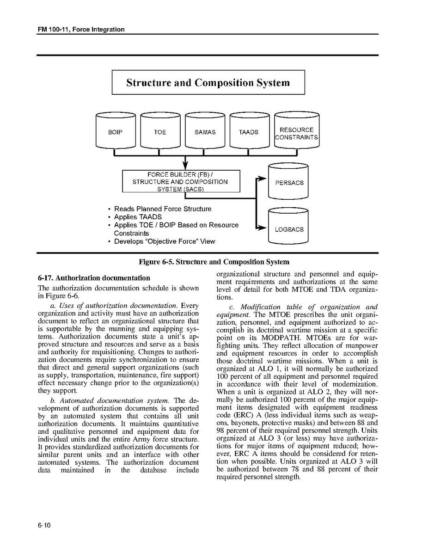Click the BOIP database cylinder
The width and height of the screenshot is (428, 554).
[x=116, y=132]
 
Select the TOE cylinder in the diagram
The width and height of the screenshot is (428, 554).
[x=160, y=132]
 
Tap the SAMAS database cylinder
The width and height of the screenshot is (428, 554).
[x=205, y=132]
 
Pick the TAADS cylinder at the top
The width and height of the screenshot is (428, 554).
[x=249, y=132]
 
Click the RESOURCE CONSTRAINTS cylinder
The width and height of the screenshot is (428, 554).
[x=297, y=132]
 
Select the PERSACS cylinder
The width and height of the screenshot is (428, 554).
[x=289, y=182]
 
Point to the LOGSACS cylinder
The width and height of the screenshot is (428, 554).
[x=289, y=228]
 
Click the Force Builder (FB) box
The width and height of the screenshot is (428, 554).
[x=181, y=181]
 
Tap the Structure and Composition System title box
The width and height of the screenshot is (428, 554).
[x=208, y=82]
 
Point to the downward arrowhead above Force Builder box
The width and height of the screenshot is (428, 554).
[x=185, y=164]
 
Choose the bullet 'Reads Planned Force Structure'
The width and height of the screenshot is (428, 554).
[x=162, y=209]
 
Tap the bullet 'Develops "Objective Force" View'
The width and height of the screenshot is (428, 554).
[x=164, y=241]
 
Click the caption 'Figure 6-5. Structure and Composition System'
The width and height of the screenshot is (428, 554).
[x=214, y=262]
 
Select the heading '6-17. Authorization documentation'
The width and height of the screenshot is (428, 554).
[x=94, y=278]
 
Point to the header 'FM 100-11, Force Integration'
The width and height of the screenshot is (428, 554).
[x=81, y=30]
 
